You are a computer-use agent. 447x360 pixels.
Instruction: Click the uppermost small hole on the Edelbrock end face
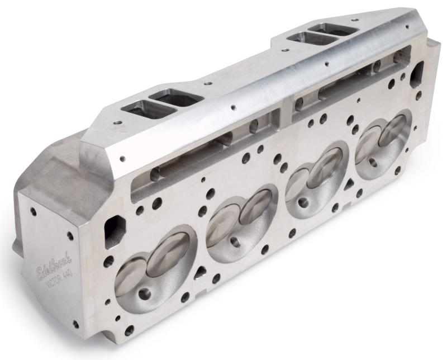(x=35, y=212)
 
